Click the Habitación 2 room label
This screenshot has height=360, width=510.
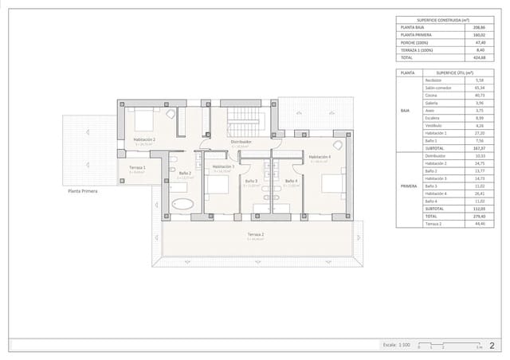143,139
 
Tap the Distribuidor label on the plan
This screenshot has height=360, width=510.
241,142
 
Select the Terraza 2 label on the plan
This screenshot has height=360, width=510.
255,234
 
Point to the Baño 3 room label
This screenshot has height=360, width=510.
251,181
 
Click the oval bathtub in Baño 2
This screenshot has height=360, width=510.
182,205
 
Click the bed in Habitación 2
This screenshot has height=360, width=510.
144,119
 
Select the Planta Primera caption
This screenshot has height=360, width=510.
83,192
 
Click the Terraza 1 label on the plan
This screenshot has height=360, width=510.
137,168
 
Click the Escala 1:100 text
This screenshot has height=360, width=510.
395,345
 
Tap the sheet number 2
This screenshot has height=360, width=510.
492,345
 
